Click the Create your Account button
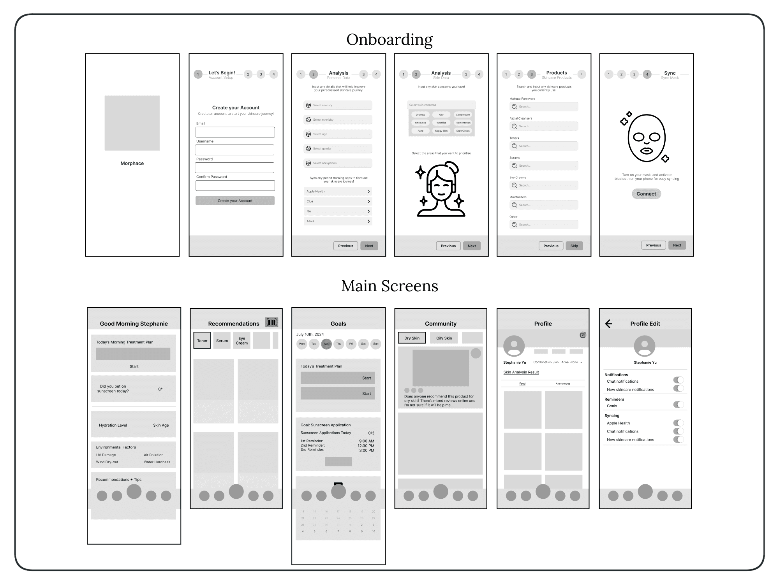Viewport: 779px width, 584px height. click(235, 201)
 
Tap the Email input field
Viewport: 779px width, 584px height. click(235, 132)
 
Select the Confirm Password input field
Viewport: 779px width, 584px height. click(235, 185)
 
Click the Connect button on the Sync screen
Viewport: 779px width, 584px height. click(646, 194)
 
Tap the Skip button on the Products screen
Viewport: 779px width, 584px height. click(574, 246)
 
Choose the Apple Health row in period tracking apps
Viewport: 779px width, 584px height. click(338, 192)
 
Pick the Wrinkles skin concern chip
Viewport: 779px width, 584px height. click(441, 123)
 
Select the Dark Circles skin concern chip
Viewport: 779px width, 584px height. click(463, 131)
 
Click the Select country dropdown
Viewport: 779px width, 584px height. click(338, 105)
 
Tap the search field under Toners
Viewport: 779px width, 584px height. click(544, 146)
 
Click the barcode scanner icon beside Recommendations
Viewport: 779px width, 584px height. click(271, 322)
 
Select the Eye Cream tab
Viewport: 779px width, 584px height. click(241, 341)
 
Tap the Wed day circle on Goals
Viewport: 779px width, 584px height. click(326, 344)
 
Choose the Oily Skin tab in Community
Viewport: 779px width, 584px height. click(444, 338)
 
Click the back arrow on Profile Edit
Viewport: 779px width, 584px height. click(609, 324)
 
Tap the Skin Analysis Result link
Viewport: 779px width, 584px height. click(521, 372)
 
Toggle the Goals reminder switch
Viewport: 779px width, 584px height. click(678, 405)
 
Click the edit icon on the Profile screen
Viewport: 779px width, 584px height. click(583, 335)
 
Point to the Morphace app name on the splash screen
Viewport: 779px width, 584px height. click(132, 164)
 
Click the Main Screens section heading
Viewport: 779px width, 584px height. click(389, 286)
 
